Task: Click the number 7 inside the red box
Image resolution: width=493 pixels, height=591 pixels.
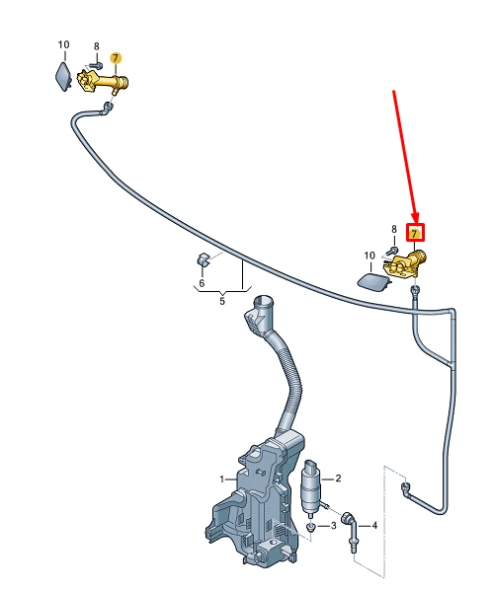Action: point(416,235)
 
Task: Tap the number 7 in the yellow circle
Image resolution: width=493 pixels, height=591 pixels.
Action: point(116,57)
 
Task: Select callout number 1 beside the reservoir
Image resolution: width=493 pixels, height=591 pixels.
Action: point(222,480)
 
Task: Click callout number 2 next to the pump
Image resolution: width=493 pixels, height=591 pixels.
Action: point(338,479)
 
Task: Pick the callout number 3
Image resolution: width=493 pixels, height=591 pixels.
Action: point(333,526)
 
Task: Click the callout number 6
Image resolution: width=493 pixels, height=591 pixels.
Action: point(202,283)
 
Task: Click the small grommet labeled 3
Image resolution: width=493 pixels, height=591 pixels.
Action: point(310,528)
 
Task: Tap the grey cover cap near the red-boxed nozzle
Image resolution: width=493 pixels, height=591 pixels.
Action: point(371,282)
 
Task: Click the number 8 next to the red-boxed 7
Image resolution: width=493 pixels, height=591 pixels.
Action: point(395,230)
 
